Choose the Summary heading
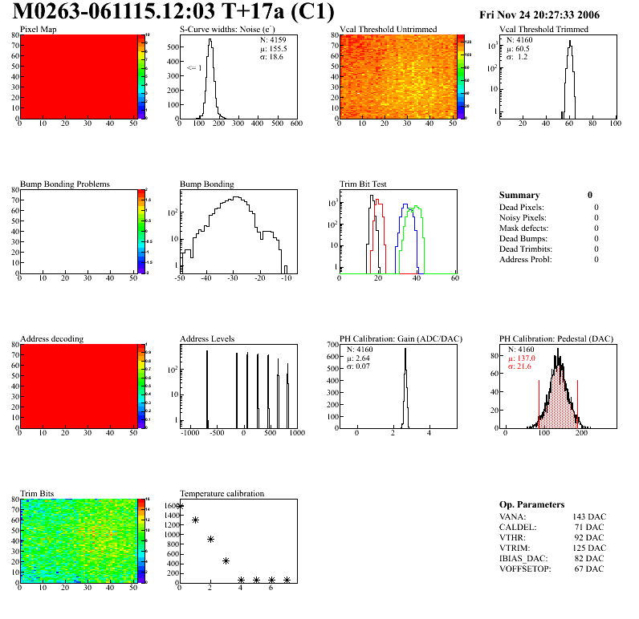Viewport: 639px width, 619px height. [519, 195]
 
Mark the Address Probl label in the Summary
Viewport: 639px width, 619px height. [525, 259]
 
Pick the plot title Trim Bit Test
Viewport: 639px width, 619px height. [364, 184]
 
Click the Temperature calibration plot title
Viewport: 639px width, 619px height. [222, 493]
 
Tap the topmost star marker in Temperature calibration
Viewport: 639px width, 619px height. [180, 506]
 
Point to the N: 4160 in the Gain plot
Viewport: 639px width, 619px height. [360, 350]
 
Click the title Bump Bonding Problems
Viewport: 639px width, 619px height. [65, 184]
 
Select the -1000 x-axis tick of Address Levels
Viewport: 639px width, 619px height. [190, 433]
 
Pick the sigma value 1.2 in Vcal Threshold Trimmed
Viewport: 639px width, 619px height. [522, 56]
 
